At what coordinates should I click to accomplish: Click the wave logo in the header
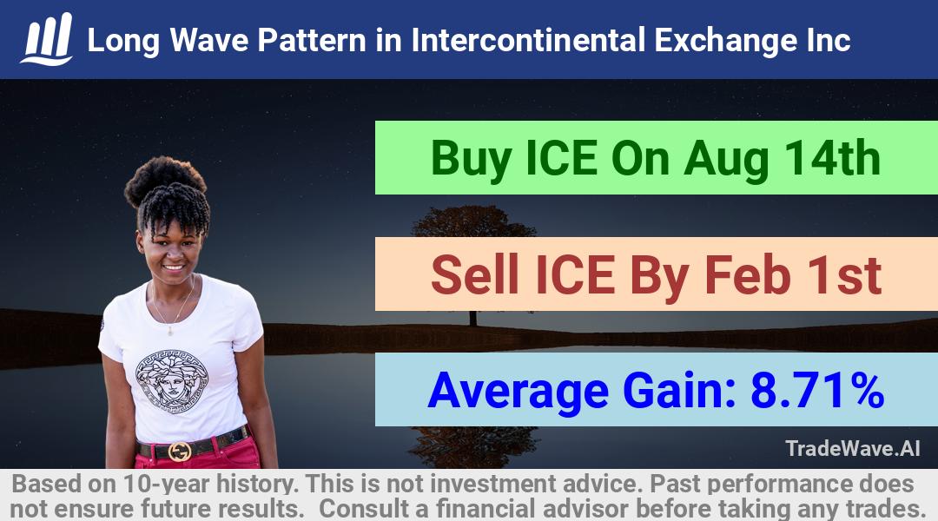47,39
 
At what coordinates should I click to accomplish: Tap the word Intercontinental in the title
528,41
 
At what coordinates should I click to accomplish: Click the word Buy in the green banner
470,160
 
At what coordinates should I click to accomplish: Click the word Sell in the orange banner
475,274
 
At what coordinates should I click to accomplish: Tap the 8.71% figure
817,390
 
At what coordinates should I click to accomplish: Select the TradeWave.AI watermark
853,448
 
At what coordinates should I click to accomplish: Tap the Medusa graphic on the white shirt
171,381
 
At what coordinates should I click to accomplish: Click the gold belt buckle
180,451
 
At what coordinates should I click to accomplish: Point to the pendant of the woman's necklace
170,330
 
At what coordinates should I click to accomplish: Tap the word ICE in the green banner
561,159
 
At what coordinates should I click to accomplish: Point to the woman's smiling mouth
174,267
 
